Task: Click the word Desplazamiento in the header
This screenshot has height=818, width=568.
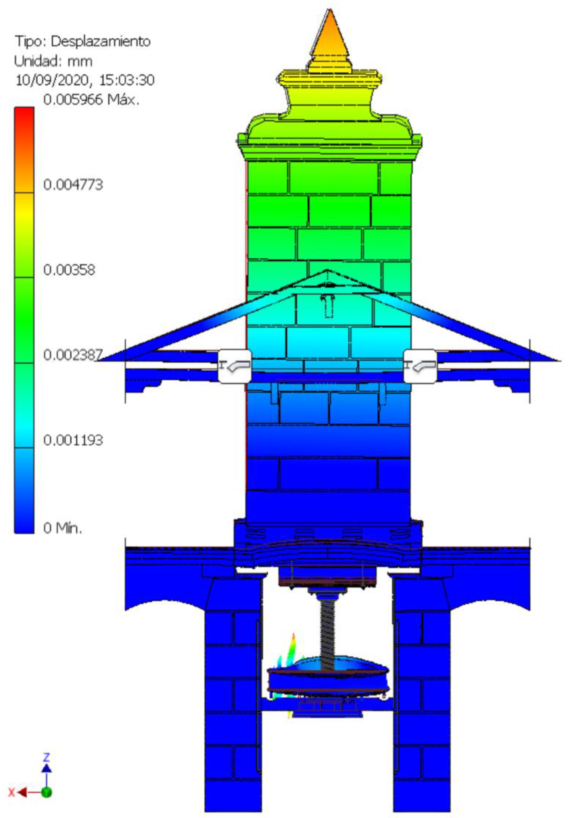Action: pos(101,42)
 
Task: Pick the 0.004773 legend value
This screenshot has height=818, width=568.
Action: pos(73,185)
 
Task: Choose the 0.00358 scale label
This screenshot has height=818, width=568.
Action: pos(69,270)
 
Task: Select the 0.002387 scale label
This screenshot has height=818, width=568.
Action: pos(73,355)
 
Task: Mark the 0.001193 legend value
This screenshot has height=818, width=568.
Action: pos(73,440)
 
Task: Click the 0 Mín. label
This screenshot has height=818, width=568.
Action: pos(63,528)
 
